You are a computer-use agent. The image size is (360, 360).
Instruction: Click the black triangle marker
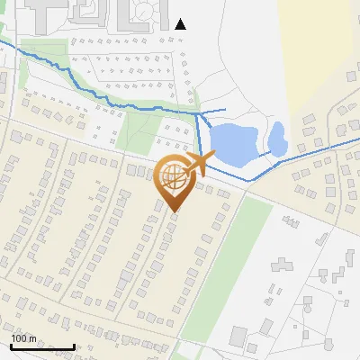click(x=180, y=24)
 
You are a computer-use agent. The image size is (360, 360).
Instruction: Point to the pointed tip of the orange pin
click(x=174, y=211)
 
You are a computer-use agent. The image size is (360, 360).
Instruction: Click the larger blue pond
click(x=231, y=146)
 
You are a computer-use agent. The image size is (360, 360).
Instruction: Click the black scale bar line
click(x=42, y=346)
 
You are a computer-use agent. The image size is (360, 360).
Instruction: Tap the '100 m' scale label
click(x=24, y=338)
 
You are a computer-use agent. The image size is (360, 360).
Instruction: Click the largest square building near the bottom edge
click(x=238, y=337)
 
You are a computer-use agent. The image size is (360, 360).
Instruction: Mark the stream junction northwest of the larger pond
click(x=197, y=114)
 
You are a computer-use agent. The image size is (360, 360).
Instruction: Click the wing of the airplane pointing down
click(x=193, y=172)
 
